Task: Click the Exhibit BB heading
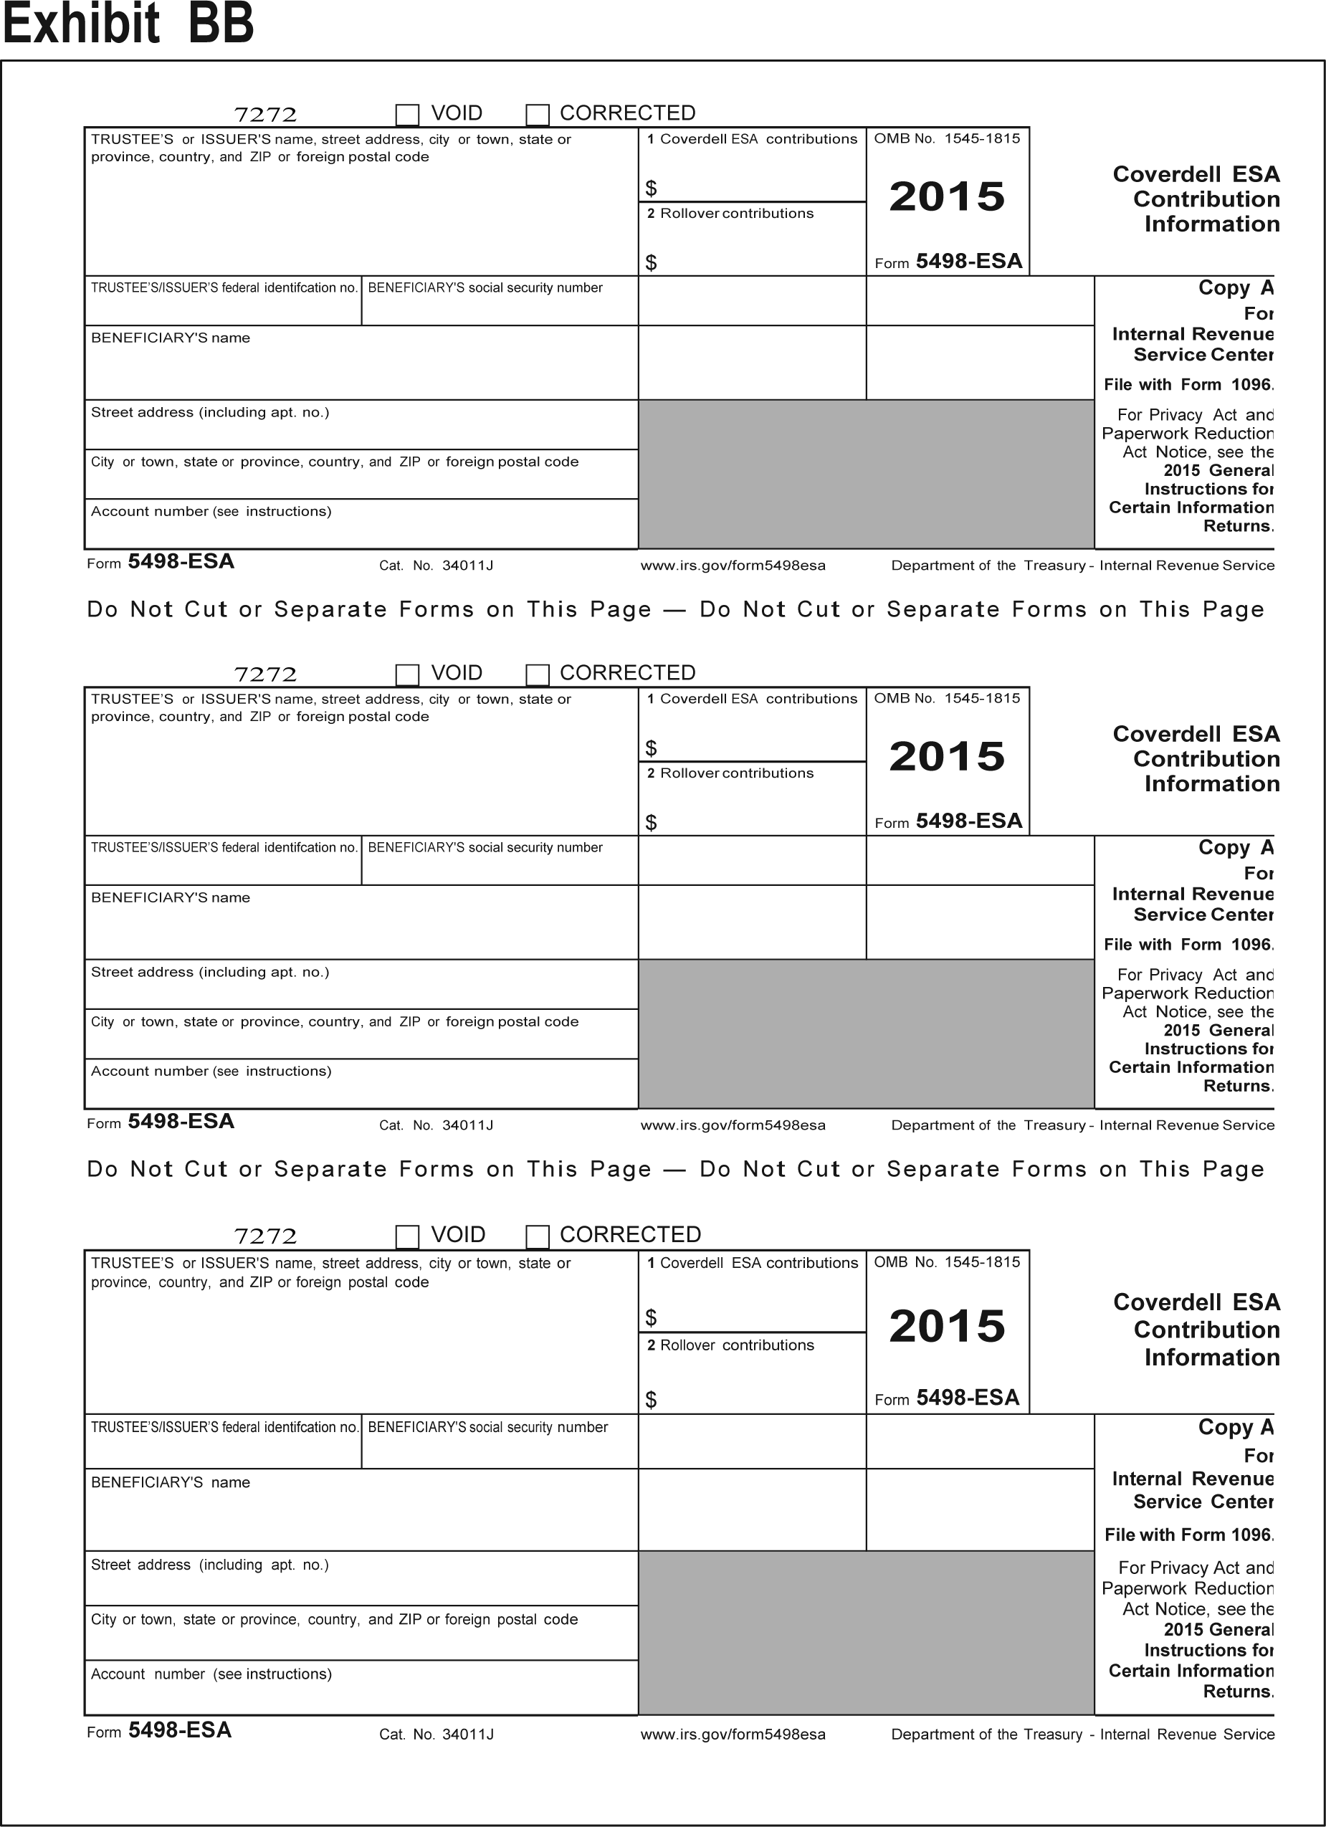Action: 128,24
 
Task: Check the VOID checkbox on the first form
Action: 408,115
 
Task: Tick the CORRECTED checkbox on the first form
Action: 538,115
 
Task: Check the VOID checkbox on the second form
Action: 408,674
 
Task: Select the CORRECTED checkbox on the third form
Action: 538,1236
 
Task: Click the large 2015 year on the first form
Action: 948,196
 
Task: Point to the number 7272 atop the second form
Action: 265,674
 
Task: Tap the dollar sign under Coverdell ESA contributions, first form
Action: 651,189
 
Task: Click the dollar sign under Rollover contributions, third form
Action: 651,1400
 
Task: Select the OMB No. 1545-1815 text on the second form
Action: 947,698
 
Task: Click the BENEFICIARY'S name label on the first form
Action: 171,338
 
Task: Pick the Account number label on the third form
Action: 211,1674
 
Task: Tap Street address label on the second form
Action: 210,973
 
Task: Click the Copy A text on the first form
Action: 1235,288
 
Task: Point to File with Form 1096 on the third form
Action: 1188,1535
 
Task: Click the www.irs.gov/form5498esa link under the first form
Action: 733,566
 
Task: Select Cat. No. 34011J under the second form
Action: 436,1125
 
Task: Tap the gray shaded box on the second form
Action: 866,1034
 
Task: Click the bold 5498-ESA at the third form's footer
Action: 180,1730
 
